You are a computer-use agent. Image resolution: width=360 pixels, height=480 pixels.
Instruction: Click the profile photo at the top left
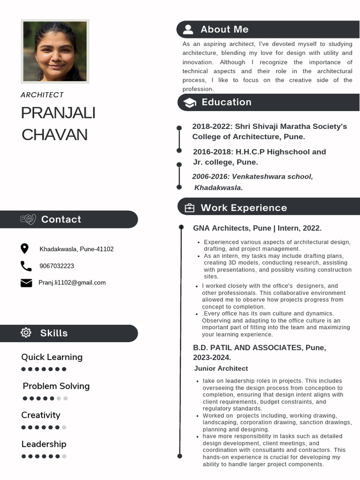click(55, 52)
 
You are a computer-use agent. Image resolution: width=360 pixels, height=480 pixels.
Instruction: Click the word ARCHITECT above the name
click(42, 95)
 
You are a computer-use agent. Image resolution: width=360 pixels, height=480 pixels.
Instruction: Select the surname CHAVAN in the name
click(54, 135)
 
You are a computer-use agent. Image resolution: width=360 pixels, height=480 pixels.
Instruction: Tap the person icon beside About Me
click(188, 30)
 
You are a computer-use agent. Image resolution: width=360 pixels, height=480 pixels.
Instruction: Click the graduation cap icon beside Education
click(189, 103)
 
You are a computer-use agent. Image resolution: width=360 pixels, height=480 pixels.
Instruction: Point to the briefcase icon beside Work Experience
click(189, 208)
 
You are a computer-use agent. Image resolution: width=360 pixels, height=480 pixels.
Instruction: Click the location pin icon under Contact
click(25, 249)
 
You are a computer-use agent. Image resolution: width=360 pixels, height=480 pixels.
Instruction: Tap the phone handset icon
click(26, 266)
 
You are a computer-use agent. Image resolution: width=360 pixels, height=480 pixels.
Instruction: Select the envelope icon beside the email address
click(26, 283)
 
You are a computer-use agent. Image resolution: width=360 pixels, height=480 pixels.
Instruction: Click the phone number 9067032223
click(57, 266)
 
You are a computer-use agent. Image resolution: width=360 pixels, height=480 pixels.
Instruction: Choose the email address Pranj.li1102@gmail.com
click(72, 283)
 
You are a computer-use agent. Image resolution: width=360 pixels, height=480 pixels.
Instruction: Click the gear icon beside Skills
click(26, 333)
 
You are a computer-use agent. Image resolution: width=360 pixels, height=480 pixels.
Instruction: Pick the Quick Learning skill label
click(52, 357)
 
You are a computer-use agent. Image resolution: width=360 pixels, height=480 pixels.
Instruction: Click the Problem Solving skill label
click(56, 386)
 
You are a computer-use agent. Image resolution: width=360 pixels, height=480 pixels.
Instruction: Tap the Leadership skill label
click(44, 444)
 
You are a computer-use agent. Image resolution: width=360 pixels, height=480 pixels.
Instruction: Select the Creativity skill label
click(41, 415)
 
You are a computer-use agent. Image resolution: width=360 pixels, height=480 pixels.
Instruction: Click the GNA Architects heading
click(257, 228)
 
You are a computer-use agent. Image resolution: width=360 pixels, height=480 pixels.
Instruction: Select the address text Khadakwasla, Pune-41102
click(76, 249)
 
